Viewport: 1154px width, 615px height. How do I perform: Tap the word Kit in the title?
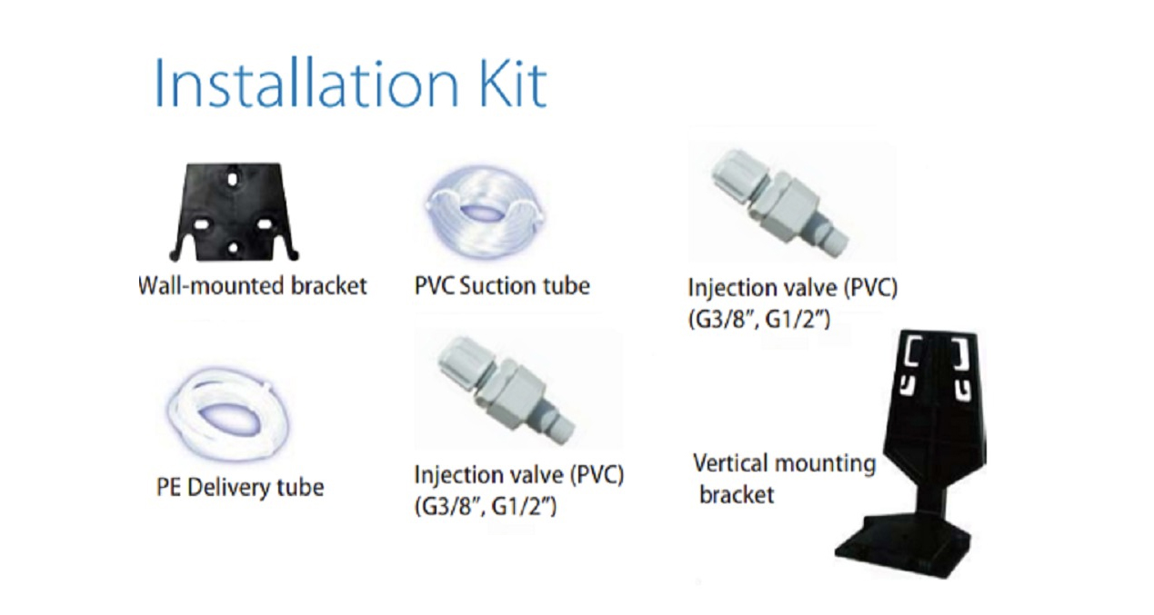(x=513, y=84)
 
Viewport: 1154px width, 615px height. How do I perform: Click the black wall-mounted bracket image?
(x=234, y=212)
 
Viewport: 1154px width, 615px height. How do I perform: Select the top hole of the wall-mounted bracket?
(x=232, y=179)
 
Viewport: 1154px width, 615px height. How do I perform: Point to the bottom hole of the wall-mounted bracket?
(x=233, y=248)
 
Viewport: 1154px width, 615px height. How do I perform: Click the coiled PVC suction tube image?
(x=484, y=212)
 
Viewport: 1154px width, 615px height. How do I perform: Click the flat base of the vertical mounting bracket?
(x=903, y=549)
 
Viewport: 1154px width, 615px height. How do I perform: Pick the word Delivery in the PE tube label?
(x=227, y=488)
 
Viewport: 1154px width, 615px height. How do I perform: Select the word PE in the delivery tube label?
(x=168, y=488)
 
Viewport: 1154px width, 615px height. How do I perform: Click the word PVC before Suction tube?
(x=435, y=285)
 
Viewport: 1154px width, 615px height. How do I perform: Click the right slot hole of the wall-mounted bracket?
(x=265, y=224)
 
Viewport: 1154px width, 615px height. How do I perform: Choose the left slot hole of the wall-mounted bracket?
(x=202, y=225)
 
